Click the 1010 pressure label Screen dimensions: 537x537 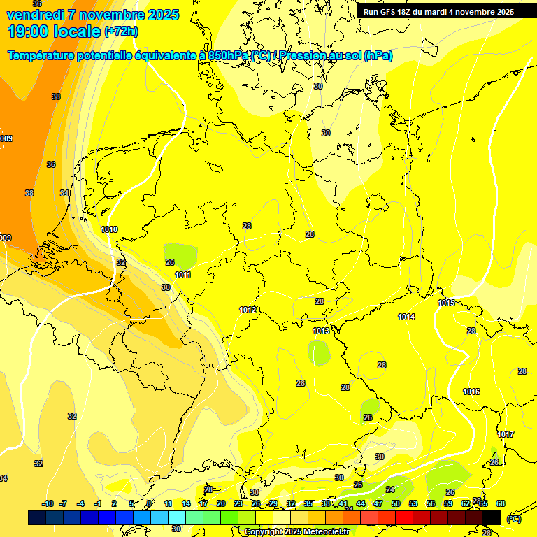[109, 229]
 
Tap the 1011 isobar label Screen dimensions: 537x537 [182, 275]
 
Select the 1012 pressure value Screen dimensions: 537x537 [248, 310]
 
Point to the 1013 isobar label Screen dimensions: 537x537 [321, 331]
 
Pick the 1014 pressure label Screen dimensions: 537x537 [406, 317]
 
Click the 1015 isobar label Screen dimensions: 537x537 [446, 303]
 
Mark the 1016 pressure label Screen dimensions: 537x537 [471, 392]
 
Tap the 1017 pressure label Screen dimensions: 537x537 [506, 434]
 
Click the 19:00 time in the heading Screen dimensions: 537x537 [28, 31]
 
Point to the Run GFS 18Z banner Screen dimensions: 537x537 [438, 12]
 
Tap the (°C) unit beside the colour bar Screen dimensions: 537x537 [513, 518]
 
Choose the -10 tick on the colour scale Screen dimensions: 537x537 [48, 503]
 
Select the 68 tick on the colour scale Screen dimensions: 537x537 [501, 503]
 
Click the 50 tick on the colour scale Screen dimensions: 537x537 [396, 503]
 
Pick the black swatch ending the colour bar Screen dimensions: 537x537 [492, 517]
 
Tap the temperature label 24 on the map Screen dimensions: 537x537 [389, 489]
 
